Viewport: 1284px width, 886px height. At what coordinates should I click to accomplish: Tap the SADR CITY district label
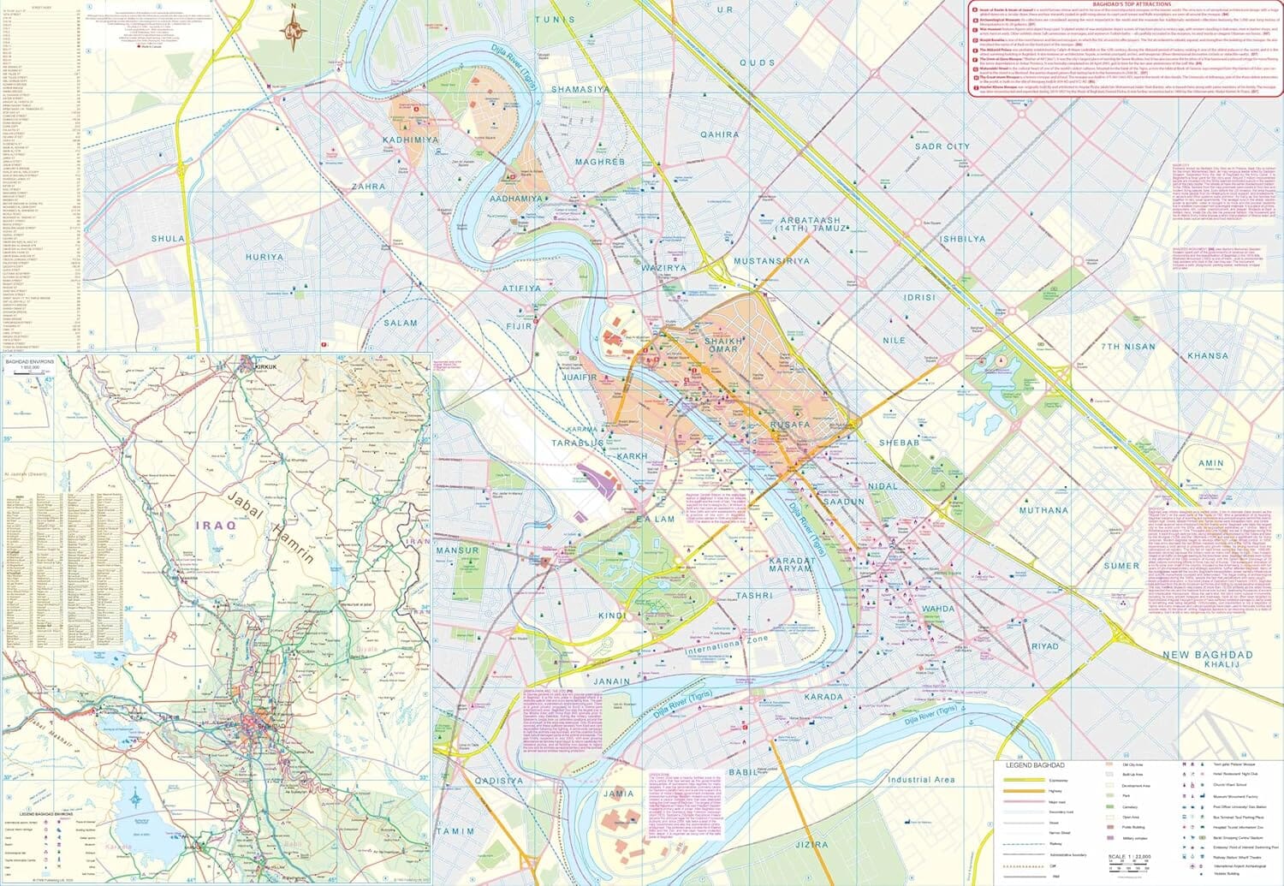point(942,146)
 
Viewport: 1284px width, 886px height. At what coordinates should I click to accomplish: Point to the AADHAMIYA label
point(516,199)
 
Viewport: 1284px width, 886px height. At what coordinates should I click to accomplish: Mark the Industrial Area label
point(920,780)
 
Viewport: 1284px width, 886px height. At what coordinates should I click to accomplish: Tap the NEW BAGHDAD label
point(1207,655)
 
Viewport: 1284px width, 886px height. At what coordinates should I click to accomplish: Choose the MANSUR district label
point(457,550)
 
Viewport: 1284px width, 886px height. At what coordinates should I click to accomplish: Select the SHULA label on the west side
point(167,239)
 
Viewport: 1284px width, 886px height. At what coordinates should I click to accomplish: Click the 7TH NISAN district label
point(1128,347)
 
